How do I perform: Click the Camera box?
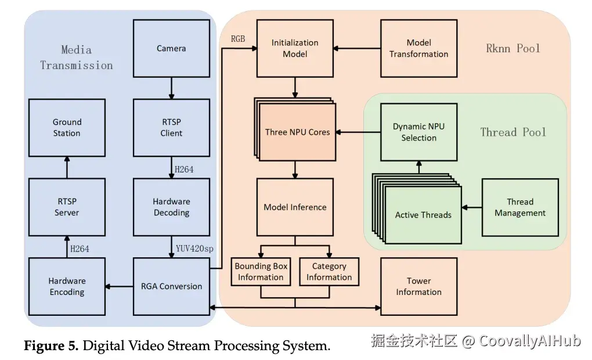(x=171, y=48)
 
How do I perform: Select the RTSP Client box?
(x=171, y=128)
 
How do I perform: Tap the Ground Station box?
(x=67, y=128)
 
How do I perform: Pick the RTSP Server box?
(x=67, y=207)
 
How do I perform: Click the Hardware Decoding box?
(x=171, y=207)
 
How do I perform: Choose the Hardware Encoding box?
(x=67, y=286)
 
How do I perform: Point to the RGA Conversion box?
(x=171, y=286)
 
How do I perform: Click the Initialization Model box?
(x=295, y=48)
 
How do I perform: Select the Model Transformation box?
(x=418, y=48)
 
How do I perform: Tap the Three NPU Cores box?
(x=298, y=132)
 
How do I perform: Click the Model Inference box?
(x=295, y=207)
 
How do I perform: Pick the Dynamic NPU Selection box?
(x=418, y=132)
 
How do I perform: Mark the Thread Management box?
(x=520, y=207)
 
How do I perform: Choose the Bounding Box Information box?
(x=261, y=272)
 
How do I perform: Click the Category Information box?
(x=329, y=272)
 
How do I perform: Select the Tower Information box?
(x=418, y=286)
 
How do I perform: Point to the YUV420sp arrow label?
(x=194, y=249)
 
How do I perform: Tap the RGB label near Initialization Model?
(x=238, y=39)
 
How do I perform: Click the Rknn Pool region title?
(x=512, y=48)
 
